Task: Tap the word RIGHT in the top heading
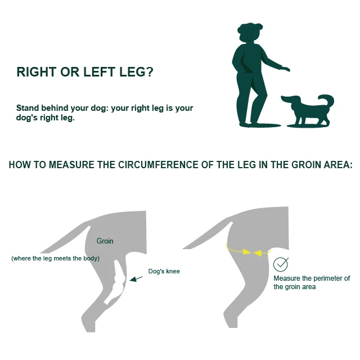click(x=36, y=72)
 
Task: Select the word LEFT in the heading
click(x=99, y=72)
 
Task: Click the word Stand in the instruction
click(x=28, y=107)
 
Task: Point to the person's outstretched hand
click(x=286, y=69)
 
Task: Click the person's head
click(x=249, y=32)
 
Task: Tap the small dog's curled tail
click(x=327, y=100)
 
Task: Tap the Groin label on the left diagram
click(x=105, y=241)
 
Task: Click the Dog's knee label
click(x=164, y=271)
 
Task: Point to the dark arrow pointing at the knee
click(x=136, y=279)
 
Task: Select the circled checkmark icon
click(x=281, y=264)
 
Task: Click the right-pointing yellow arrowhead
click(x=247, y=251)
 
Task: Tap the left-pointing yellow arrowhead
click(x=258, y=253)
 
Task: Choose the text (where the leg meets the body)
click(x=55, y=258)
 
